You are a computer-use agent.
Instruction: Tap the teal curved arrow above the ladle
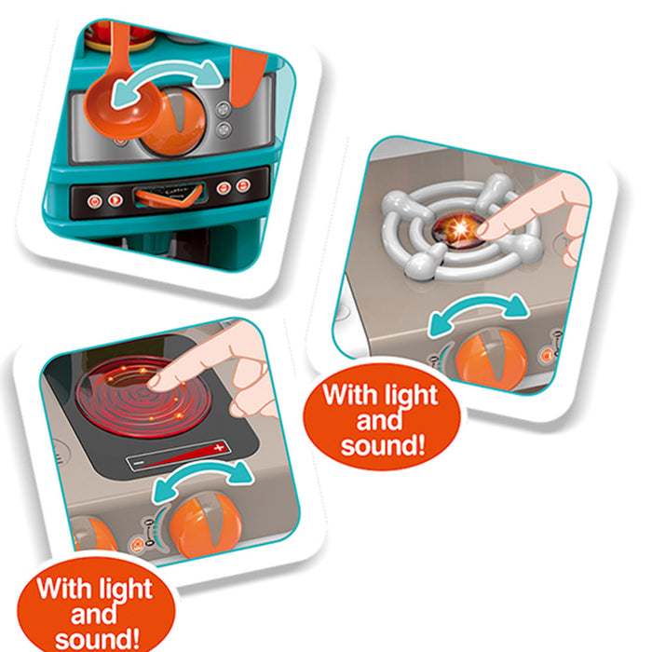click(x=167, y=71)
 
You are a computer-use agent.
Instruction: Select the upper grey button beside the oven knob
click(x=224, y=109)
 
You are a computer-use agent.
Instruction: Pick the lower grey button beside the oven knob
click(x=224, y=129)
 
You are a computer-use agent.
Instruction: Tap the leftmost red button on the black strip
click(x=94, y=202)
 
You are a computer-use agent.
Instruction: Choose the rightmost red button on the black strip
click(x=243, y=185)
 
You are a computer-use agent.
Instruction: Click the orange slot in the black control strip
click(x=169, y=197)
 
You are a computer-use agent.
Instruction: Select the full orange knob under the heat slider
click(x=206, y=525)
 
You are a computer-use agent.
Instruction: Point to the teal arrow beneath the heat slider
click(x=202, y=474)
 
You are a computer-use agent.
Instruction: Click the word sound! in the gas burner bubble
click(x=384, y=446)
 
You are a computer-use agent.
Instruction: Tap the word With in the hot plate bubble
click(x=61, y=588)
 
